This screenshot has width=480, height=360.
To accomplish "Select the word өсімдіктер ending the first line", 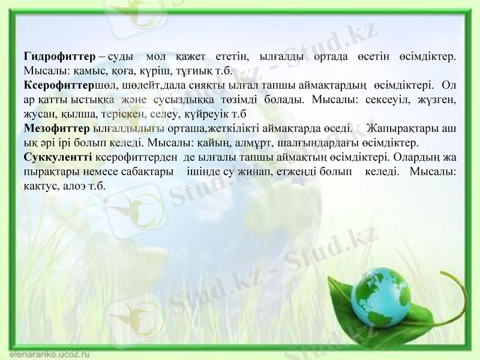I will [x=427, y=56].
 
